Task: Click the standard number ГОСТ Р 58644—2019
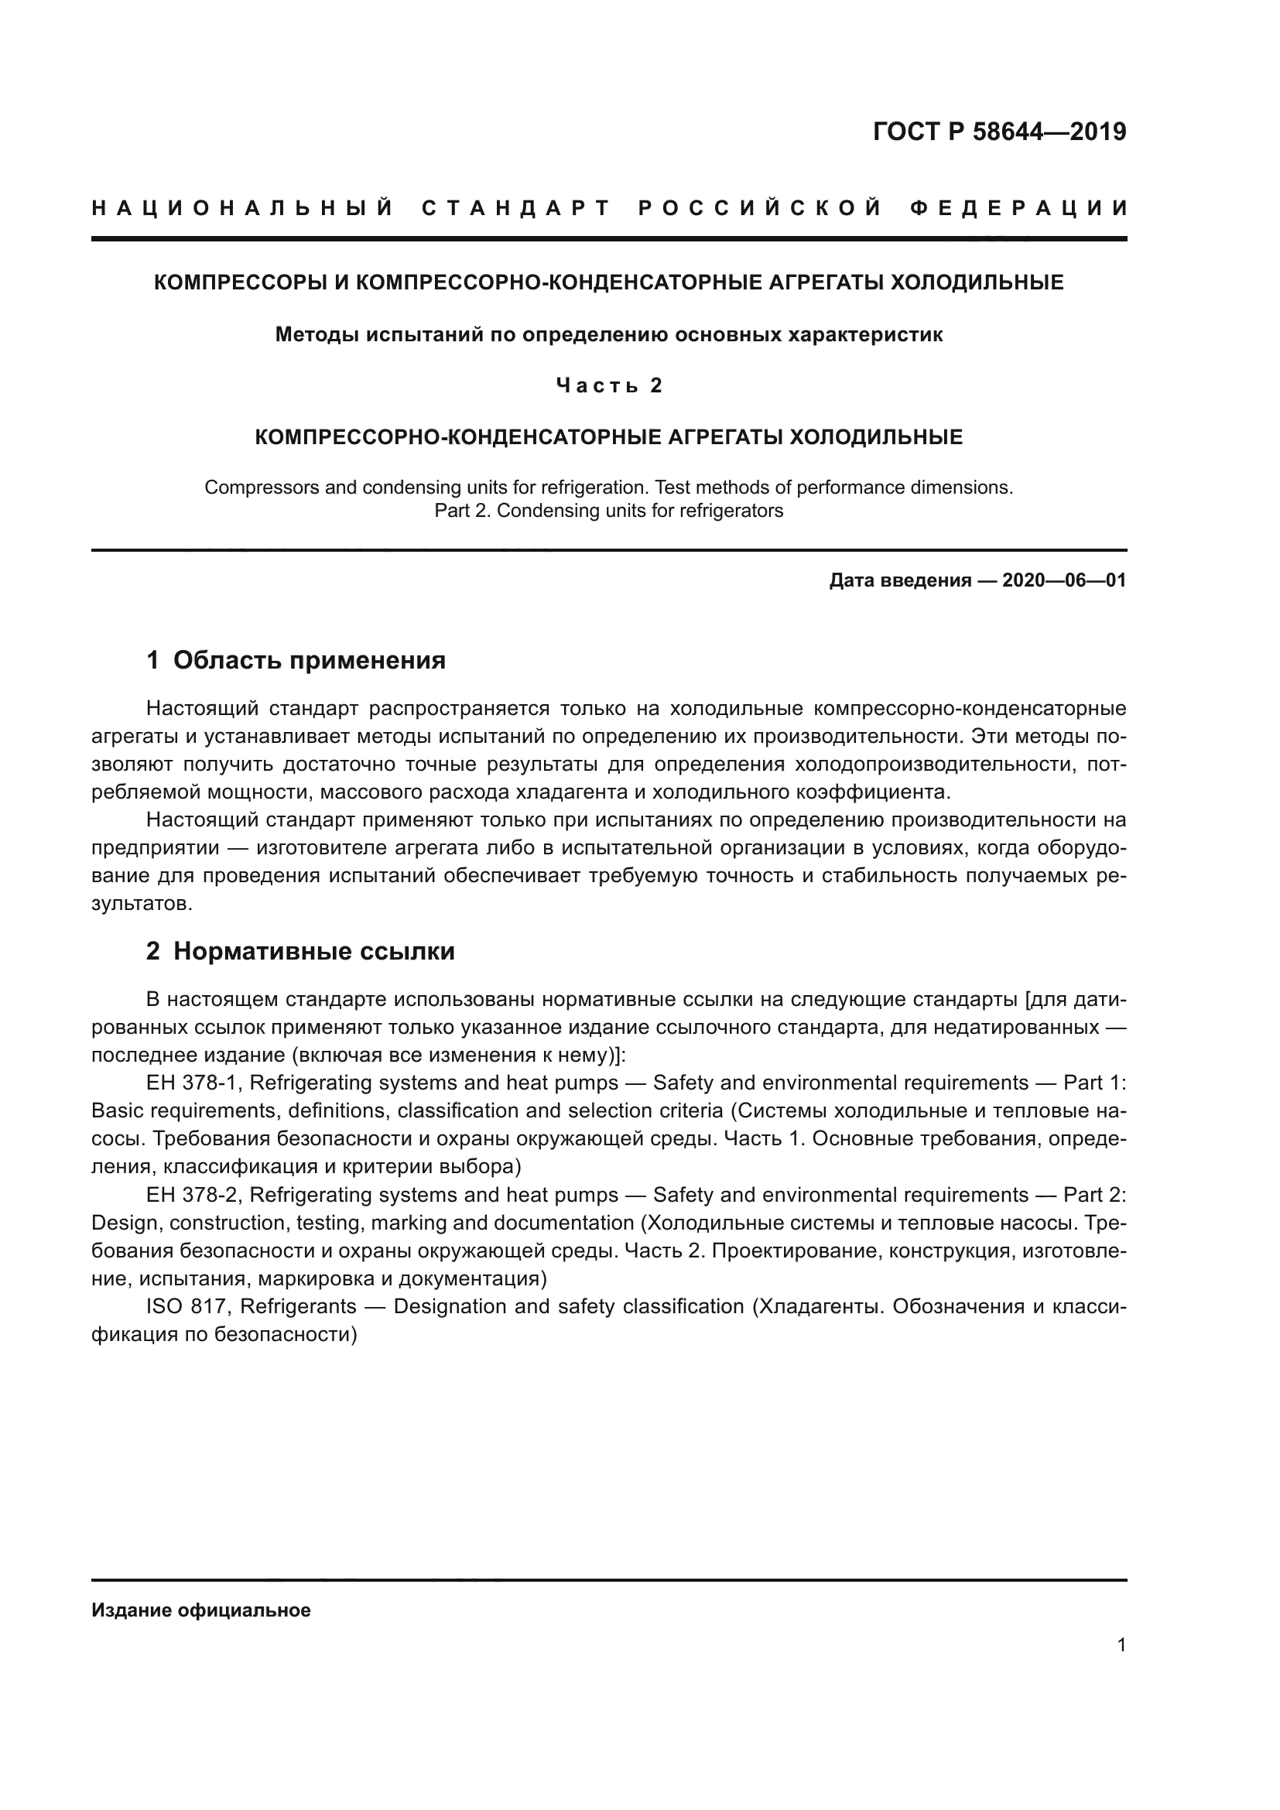(x=999, y=132)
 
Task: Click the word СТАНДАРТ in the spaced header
(x=517, y=208)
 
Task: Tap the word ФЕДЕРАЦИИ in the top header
(x=1019, y=208)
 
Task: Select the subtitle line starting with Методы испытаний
(x=608, y=335)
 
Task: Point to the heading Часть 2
(x=609, y=385)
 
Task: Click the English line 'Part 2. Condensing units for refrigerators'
(x=608, y=511)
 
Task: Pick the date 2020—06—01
(x=1064, y=581)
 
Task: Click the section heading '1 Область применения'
(x=296, y=660)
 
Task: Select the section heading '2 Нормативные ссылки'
(x=300, y=952)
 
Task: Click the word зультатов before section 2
(x=142, y=903)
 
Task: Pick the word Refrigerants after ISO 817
(x=298, y=1307)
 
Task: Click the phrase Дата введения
(x=900, y=581)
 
